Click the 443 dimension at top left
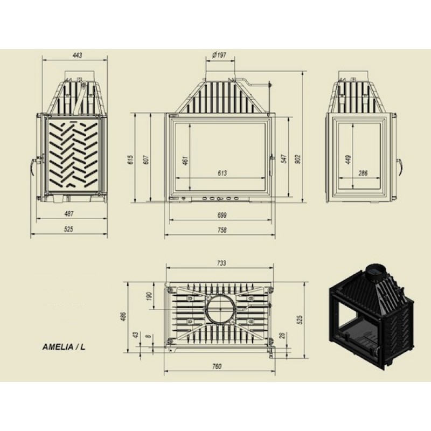point(77,55)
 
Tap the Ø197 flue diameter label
point(219,55)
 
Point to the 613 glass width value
point(223,173)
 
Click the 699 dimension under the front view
point(222,215)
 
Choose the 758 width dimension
point(222,230)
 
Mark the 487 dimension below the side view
point(69,213)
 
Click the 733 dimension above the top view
point(221,263)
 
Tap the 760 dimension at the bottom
point(217,366)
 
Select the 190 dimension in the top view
point(149,296)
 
